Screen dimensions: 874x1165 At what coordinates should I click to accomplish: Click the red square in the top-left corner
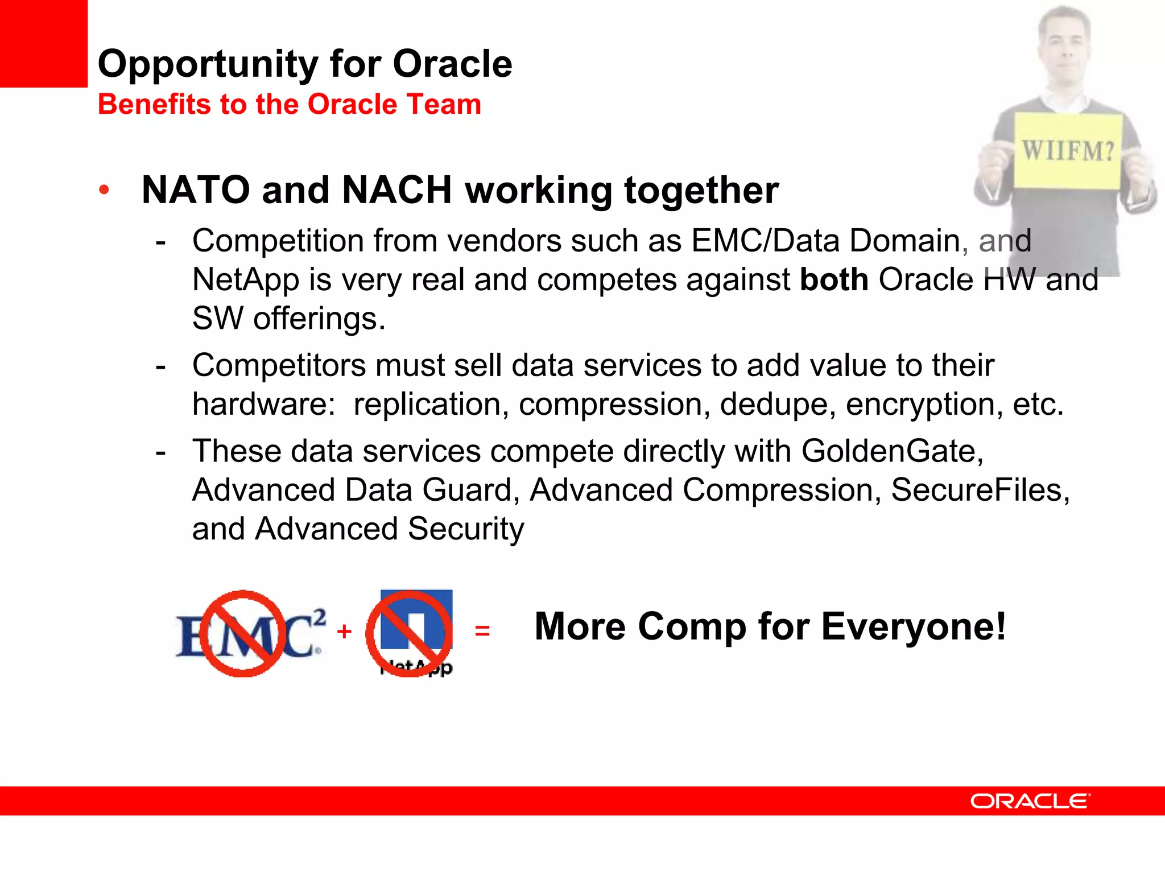(43, 43)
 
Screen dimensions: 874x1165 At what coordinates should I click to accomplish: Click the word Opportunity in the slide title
(208, 64)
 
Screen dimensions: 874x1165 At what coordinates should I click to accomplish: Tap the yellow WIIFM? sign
(1068, 151)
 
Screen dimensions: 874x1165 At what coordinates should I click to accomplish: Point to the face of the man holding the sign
(1063, 43)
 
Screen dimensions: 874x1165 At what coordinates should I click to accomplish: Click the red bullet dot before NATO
(104, 190)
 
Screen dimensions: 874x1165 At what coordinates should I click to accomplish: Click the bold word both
(834, 280)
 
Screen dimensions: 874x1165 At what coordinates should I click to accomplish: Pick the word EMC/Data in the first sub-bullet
(766, 241)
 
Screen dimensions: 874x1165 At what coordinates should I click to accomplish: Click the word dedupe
(777, 405)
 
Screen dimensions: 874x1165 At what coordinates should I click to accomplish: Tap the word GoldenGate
(892, 452)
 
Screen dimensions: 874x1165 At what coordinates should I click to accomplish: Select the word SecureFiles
(980, 490)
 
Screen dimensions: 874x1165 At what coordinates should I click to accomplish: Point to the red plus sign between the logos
(344, 632)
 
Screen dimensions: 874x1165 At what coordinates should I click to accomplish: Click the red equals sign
(482, 631)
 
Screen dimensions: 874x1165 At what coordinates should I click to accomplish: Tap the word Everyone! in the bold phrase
(914, 627)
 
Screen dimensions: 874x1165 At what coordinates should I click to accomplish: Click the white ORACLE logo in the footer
(1030, 801)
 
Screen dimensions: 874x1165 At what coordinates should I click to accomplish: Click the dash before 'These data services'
(161, 452)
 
